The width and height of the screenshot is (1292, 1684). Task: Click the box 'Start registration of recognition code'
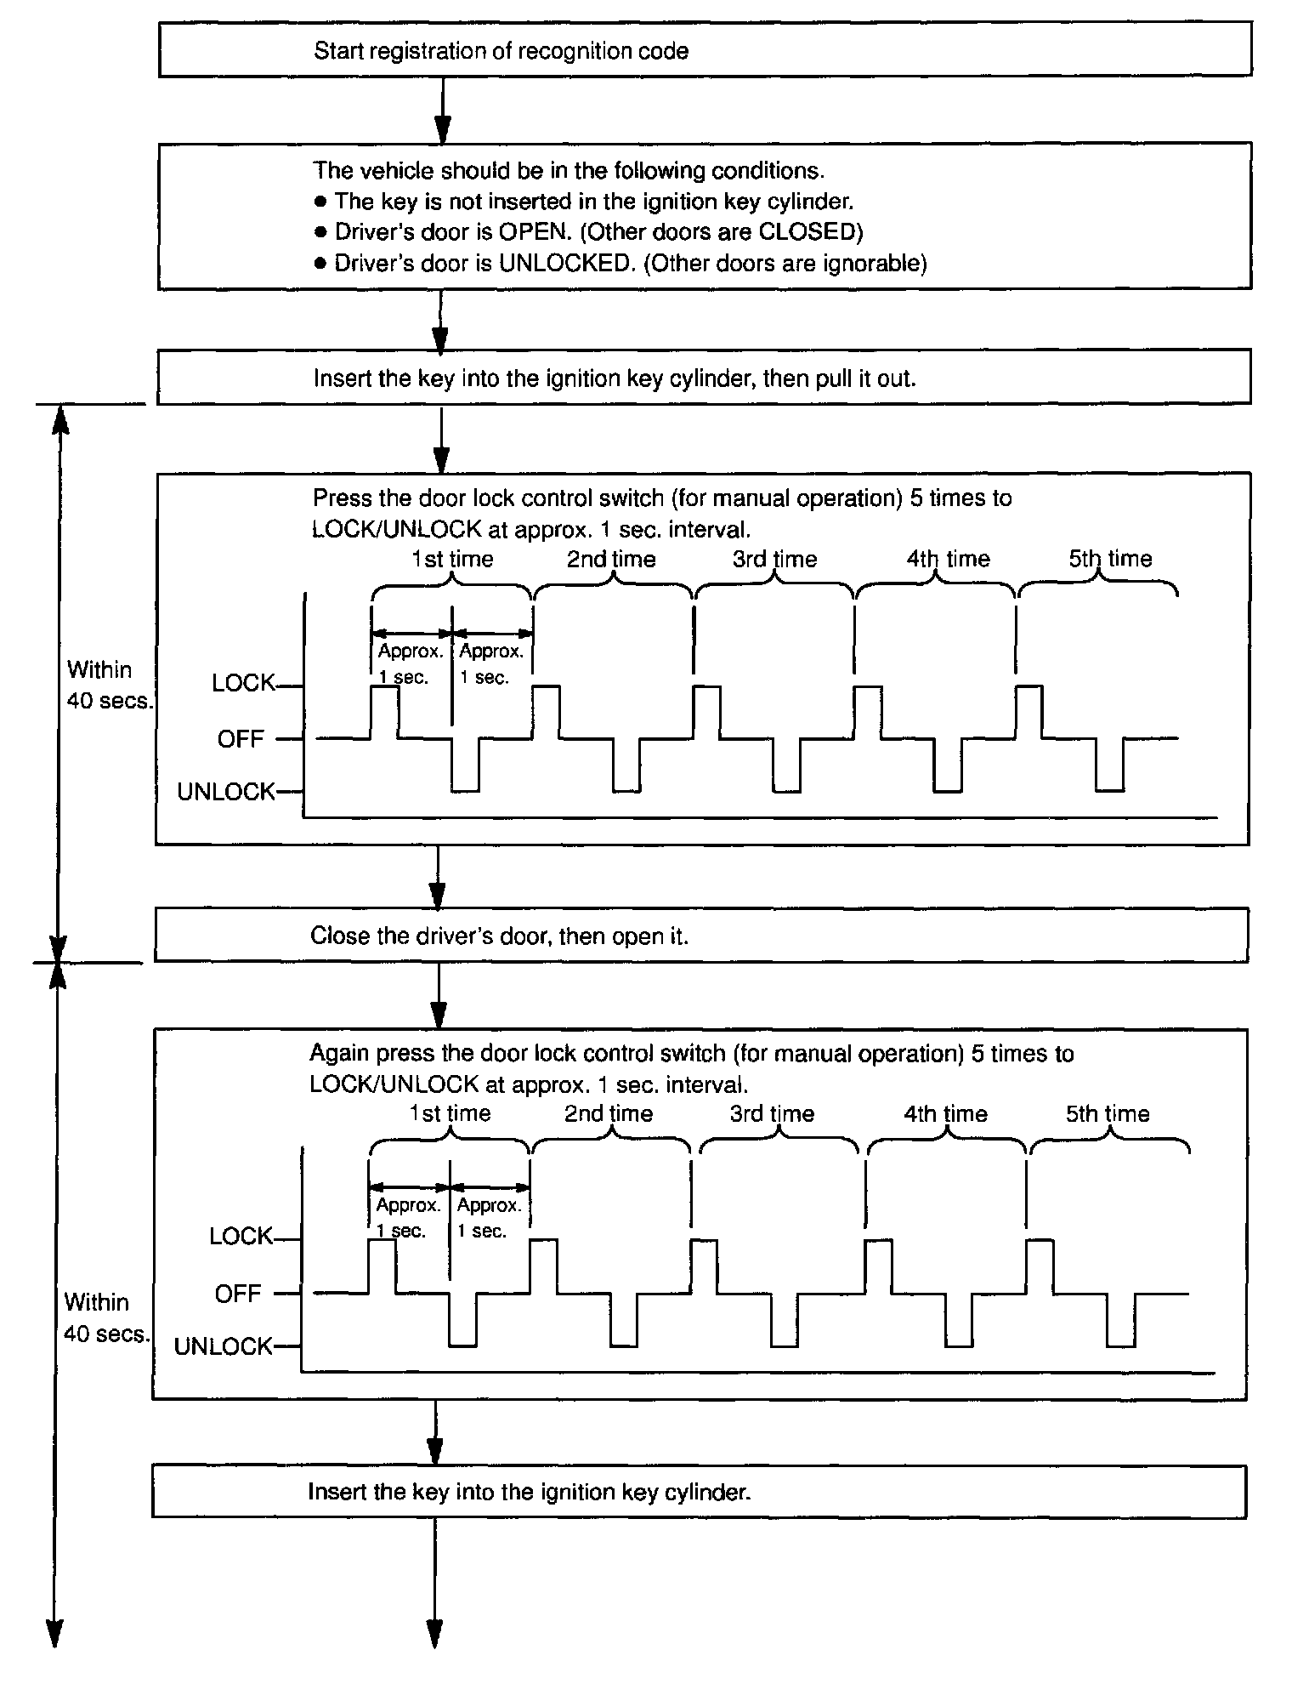(705, 50)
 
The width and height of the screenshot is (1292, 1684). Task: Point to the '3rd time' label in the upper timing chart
(774, 560)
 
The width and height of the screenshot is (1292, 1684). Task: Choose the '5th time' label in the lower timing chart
(1108, 1114)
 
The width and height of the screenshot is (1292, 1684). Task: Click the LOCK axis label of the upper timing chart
(243, 683)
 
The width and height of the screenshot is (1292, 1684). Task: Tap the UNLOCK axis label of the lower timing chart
(223, 1346)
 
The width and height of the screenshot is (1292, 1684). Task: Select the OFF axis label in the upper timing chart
(241, 739)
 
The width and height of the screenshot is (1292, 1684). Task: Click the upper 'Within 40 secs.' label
(109, 686)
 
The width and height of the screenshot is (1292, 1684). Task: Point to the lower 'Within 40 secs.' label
(105, 1318)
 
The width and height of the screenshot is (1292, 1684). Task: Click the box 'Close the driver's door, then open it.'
(701, 936)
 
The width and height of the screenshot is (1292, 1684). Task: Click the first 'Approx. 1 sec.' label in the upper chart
(411, 664)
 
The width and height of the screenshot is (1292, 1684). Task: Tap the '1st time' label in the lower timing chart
(450, 1114)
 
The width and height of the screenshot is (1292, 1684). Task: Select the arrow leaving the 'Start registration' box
(442, 110)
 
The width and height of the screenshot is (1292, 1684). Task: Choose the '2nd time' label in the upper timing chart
(611, 560)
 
